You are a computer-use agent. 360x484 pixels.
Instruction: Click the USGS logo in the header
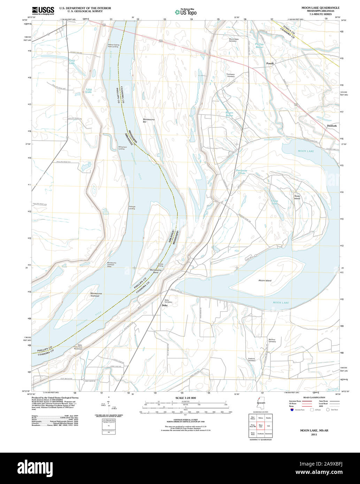click(43, 11)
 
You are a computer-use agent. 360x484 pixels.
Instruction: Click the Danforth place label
click(332, 126)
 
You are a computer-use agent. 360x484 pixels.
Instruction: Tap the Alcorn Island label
click(265, 280)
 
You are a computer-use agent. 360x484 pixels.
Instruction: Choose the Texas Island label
click(297, 197)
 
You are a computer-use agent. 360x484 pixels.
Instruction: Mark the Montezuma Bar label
click(149, 120)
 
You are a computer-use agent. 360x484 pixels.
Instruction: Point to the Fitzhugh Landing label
click(132, 208)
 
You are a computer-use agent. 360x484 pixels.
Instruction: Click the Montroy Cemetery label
click(272, 341)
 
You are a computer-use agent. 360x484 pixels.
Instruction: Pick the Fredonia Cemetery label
click(251, 360)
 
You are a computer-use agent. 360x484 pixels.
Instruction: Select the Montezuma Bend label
click(154, 271)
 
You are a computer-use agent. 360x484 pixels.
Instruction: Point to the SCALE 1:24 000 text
click(186, 398)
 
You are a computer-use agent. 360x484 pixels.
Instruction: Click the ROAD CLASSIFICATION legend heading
click(314, 397)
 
